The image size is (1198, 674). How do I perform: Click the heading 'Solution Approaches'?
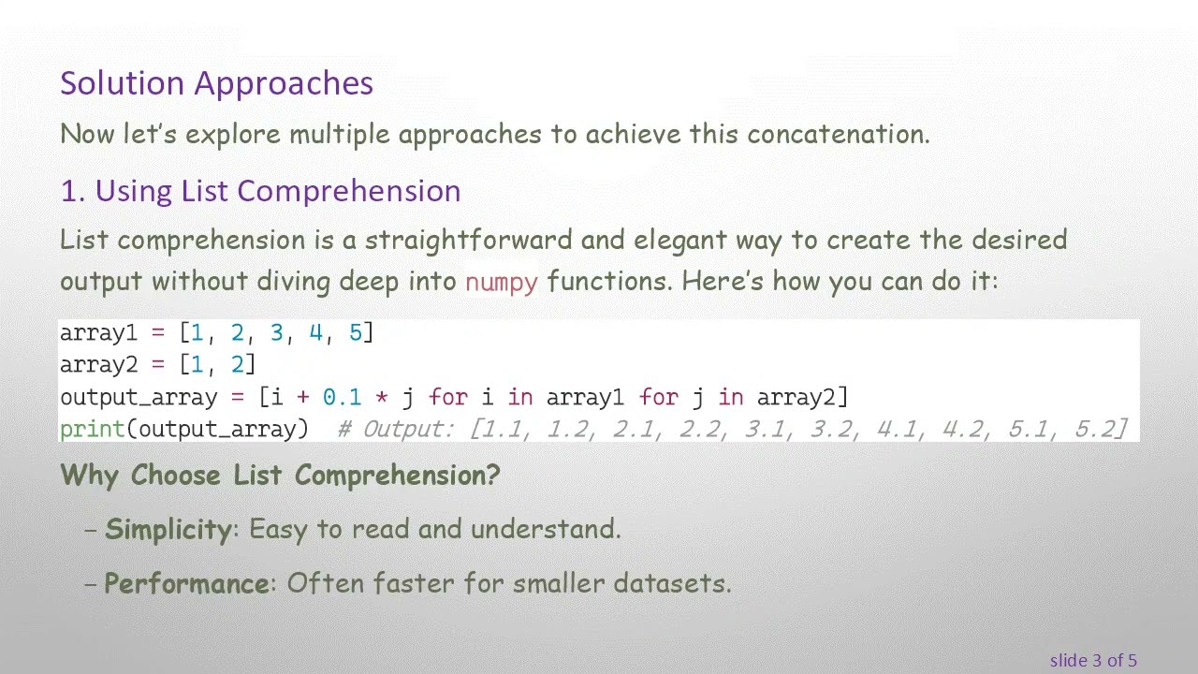[x=216, y=83]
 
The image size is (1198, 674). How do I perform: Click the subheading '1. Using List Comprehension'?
[x=260, y=191]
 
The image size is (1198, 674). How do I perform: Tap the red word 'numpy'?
[x=501, y=282]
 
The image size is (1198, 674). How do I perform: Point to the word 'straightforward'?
[x=468, y=240]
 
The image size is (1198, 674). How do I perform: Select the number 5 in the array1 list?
[x=355, y=332]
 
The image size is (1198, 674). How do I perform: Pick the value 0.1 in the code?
[x=342, y=397]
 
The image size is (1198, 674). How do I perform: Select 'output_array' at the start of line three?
[x=139, y=397]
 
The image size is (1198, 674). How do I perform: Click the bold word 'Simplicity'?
[x=168, y=529]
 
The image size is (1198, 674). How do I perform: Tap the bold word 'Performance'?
[x=186, y=583]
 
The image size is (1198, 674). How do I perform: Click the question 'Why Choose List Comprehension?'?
[x=280, y=475]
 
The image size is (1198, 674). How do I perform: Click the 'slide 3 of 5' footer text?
[x=1092, y=660]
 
